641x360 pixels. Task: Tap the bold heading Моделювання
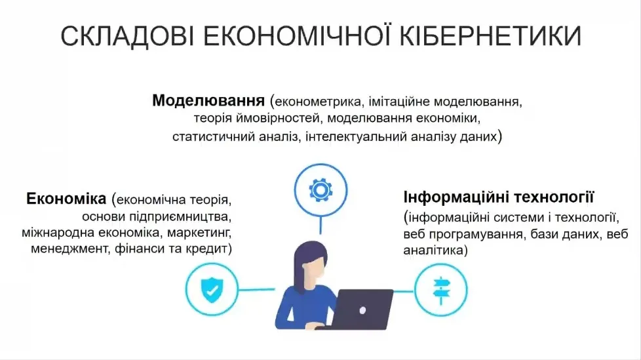coord(208,101)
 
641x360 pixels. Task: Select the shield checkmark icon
coord(210,289)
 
